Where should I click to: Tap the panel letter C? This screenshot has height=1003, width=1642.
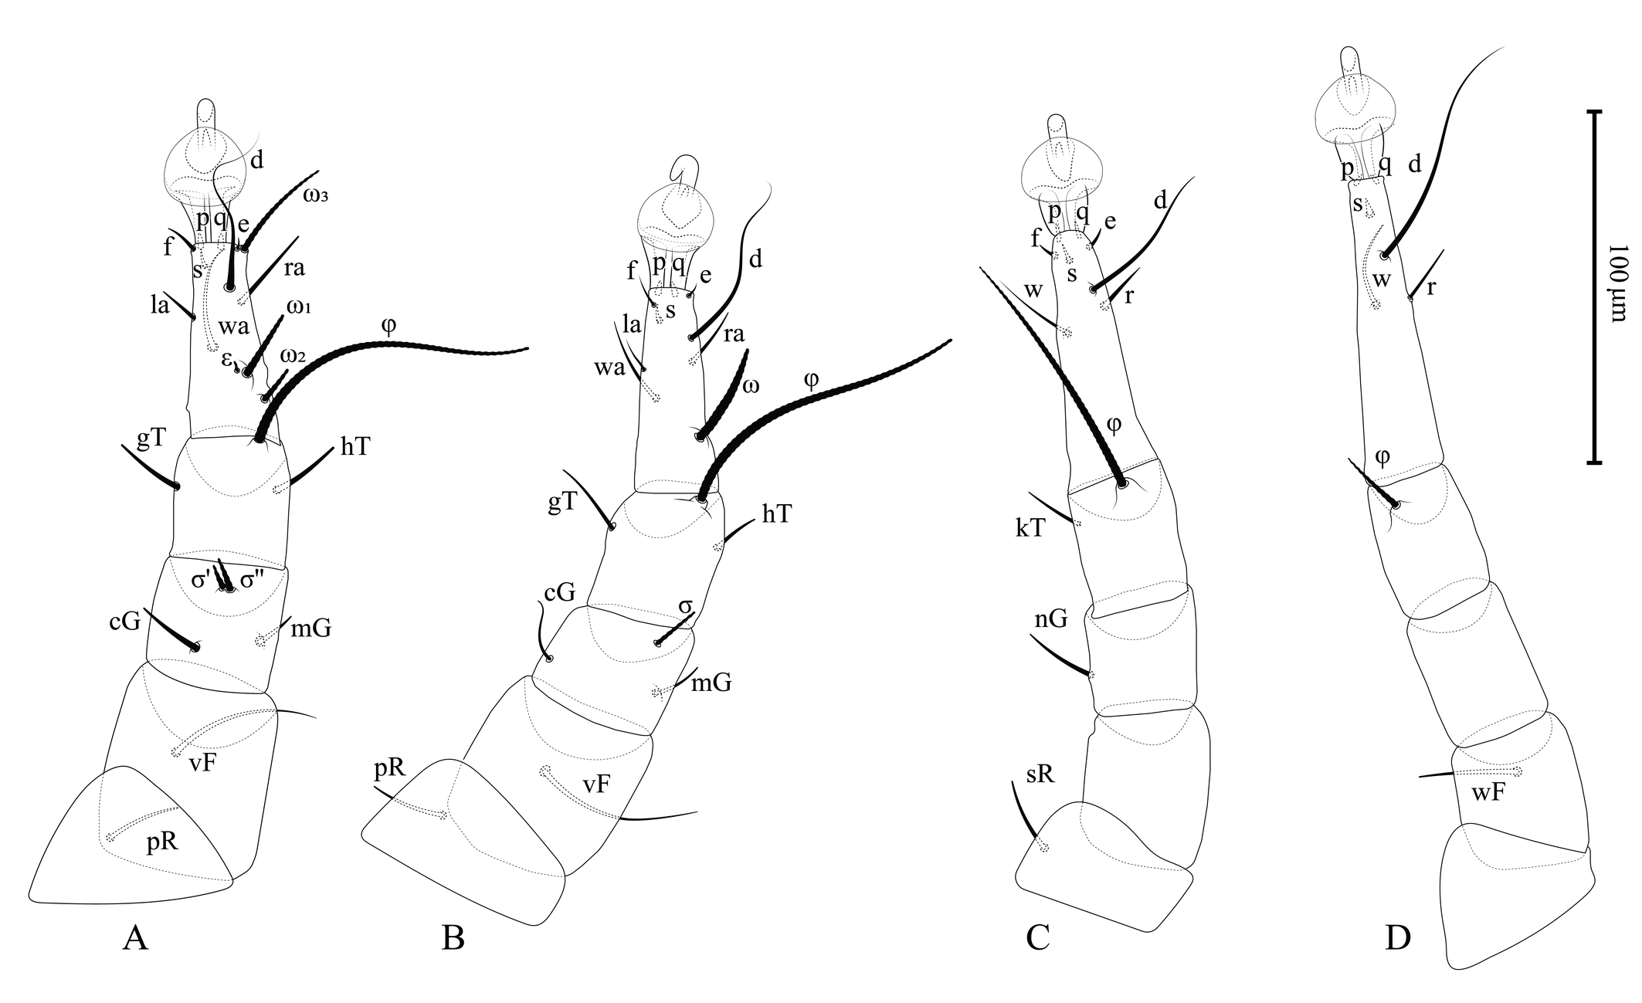click(x=1037, y=937)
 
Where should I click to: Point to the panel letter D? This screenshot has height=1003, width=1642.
click(x=1398, y=937)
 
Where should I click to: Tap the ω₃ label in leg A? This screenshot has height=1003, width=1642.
click(x=315, y=195)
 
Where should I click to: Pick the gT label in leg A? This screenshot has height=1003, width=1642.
click(x=151, y=439)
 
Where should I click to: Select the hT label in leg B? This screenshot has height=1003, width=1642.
click(x=776, y=513)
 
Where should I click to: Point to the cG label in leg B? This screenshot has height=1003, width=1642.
click(x=559, y=593)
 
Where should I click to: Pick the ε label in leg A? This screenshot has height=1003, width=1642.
click(x=227, y=359)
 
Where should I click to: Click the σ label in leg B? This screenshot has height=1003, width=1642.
click(x=684, y=607)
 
